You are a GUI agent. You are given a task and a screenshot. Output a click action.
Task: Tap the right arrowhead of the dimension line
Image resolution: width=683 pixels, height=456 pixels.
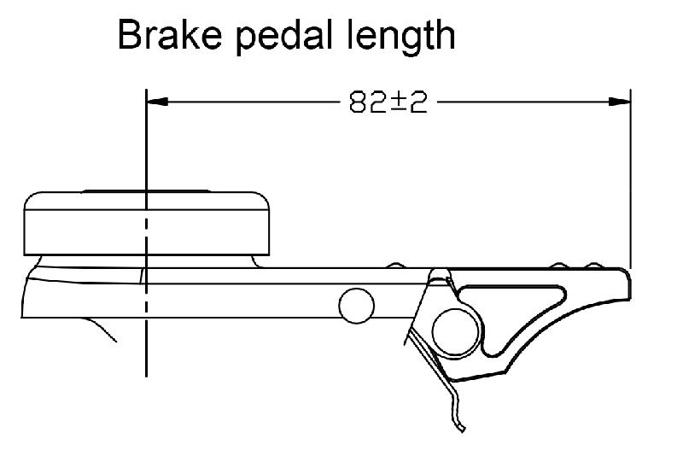click(x=621, y=102)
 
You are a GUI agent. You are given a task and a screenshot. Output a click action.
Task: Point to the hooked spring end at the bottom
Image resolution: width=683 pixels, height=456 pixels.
click(x=462, y=424)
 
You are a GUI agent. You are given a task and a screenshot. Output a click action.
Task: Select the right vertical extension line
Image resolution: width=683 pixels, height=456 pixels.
click(x=630, y=179)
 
